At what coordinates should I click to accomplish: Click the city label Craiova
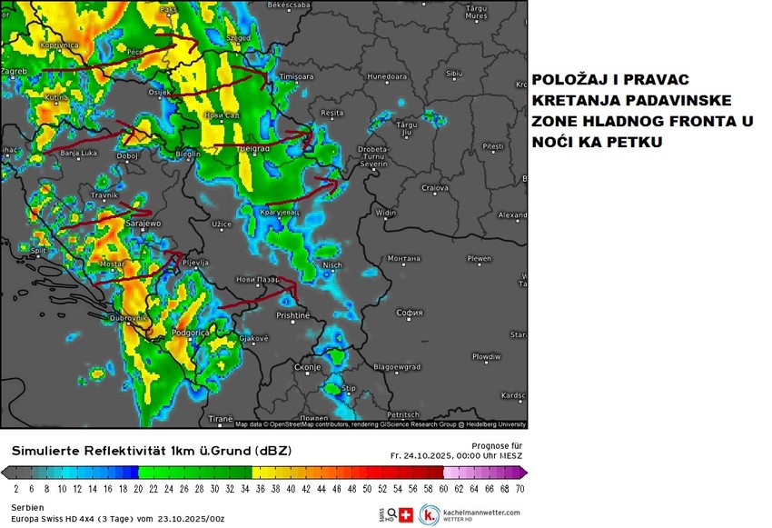(x=436, y=189)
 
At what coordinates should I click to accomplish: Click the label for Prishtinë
(x=293, y=315)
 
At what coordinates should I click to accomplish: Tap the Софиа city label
(x=411, y=313)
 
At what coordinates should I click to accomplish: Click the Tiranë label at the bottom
(x=221, y=419)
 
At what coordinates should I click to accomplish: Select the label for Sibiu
(x=454, y=73)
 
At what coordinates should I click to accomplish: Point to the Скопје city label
(x=309, y=366)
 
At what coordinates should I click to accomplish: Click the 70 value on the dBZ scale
(x=520, y=489)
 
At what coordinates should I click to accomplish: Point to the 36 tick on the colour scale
(x=257, y=489)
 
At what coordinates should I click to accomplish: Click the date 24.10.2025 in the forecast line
(x=432, y=455)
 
